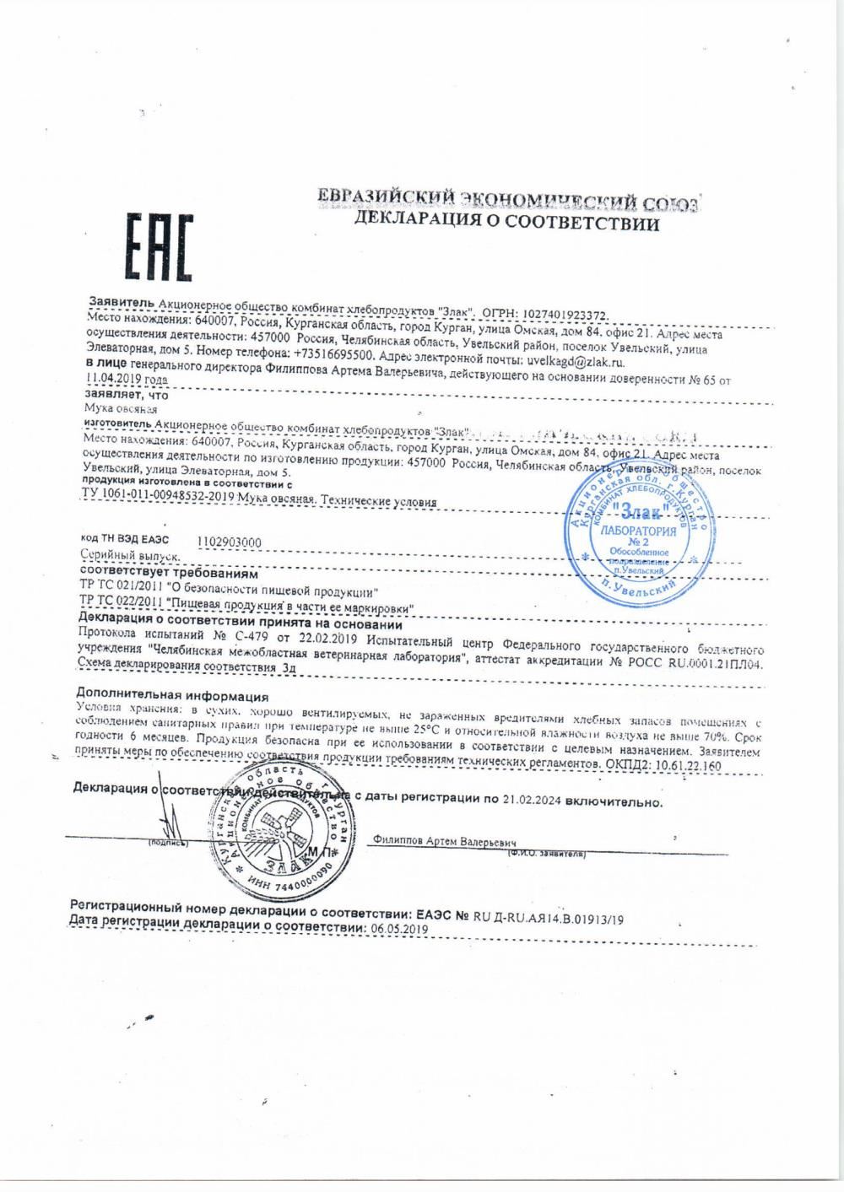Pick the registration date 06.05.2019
[397, 928]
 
